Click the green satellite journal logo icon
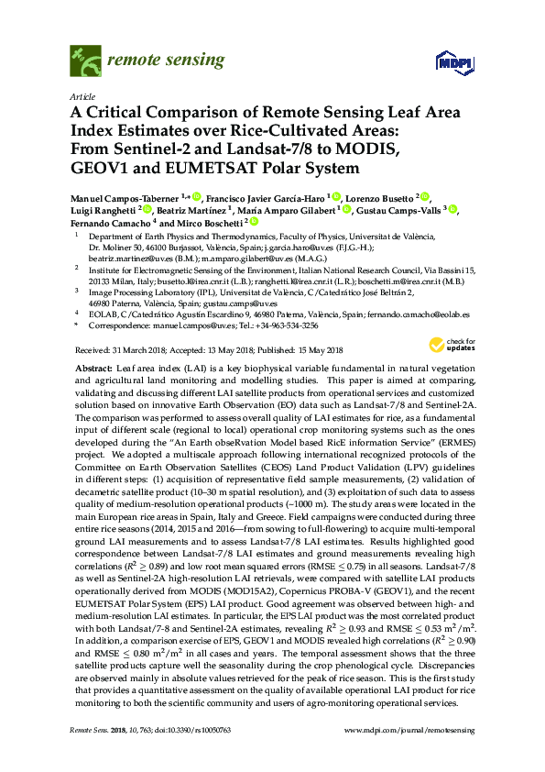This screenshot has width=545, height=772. pyautogui.click(x=84, y=61)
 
